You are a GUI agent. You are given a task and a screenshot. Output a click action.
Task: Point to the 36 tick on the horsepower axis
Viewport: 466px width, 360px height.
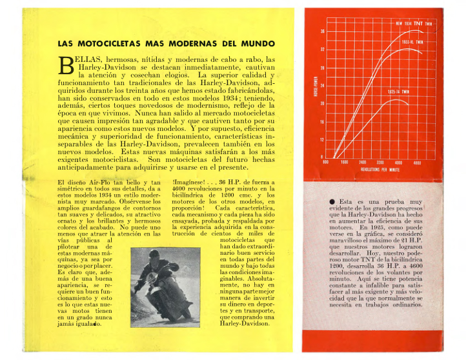(322, 31)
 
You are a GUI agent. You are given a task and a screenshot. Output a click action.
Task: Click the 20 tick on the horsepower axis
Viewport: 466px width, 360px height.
(322, 103)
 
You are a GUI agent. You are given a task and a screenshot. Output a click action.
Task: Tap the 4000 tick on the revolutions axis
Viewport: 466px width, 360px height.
(398, 163)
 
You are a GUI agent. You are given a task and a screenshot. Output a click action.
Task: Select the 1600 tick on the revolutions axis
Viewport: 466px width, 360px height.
(344, 163)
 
